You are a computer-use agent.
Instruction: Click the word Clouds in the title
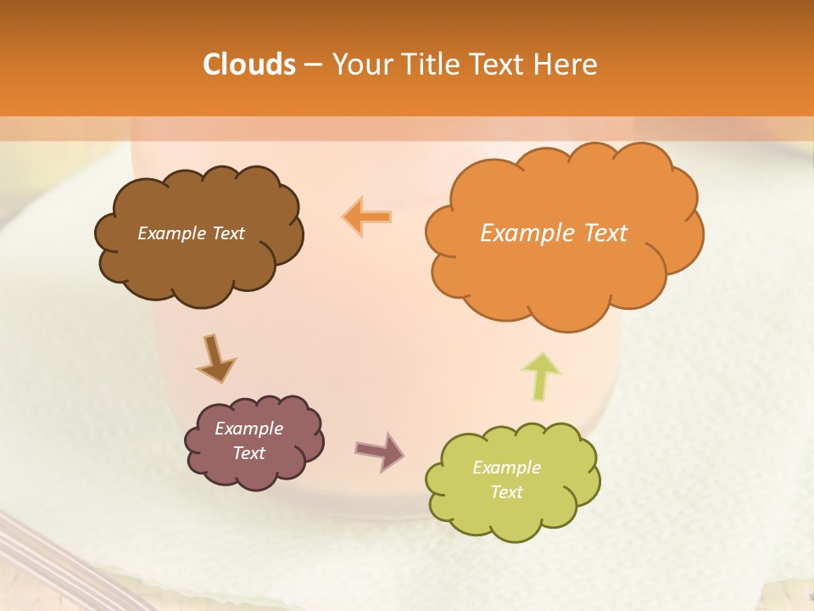click(x=248, y=64)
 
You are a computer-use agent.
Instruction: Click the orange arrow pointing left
click(x=367, y=216)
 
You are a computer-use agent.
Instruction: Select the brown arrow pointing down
click(x=215, y=359)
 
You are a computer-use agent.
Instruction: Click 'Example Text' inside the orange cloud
click(x=554, y=233)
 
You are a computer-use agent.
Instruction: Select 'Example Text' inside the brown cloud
click(x=191, y=233)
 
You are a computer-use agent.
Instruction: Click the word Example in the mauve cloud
click(x=248, y=429)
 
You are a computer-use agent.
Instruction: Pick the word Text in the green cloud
click(x=506, y=492)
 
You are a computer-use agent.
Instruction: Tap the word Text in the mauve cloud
click(x=248, y=453)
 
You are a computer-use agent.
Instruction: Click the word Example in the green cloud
click(x=506, y=468)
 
